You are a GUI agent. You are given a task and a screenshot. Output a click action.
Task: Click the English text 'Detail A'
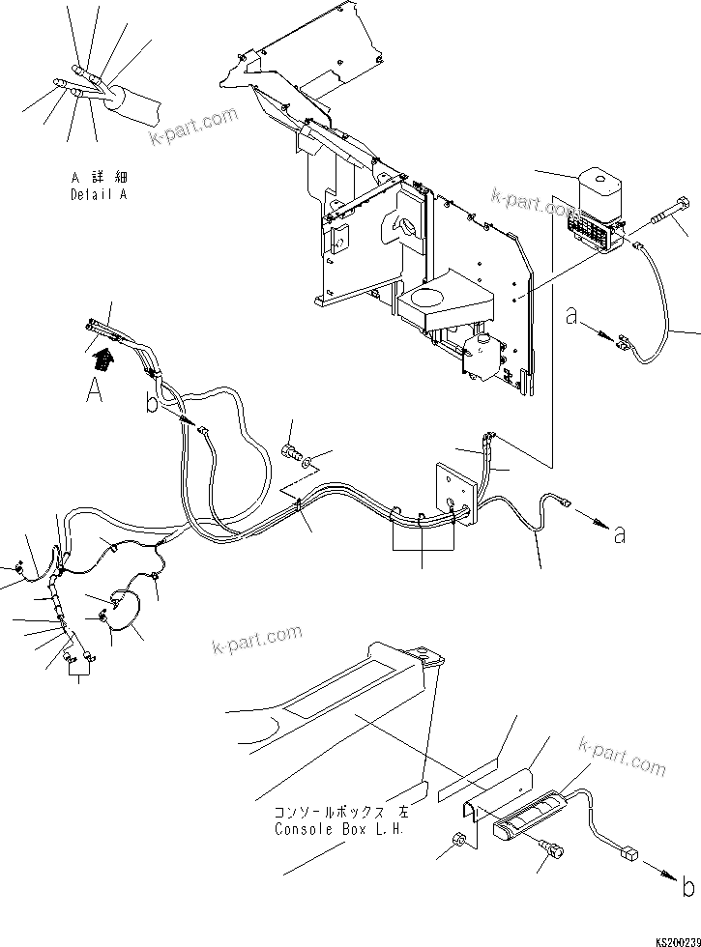tap(99, 193)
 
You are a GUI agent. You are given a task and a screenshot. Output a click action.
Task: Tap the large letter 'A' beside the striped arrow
tap(93, 390)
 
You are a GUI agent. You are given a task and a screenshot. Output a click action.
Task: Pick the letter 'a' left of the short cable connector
tap(573, 316)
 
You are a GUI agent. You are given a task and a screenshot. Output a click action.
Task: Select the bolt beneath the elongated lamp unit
tap(554, 850)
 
